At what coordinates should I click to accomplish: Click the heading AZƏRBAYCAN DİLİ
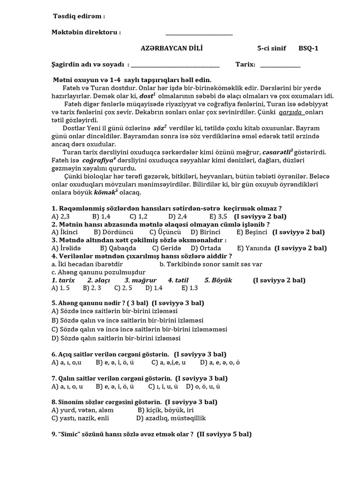172,48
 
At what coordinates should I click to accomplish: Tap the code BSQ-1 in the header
308,48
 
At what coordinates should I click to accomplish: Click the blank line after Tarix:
280,65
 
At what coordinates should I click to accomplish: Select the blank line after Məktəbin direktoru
199,33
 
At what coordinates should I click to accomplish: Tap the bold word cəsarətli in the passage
277,152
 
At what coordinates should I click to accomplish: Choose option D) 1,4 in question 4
154,288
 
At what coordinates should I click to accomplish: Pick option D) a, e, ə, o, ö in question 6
220,362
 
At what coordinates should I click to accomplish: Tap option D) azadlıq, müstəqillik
171,418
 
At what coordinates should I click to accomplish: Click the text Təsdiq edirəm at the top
78,17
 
